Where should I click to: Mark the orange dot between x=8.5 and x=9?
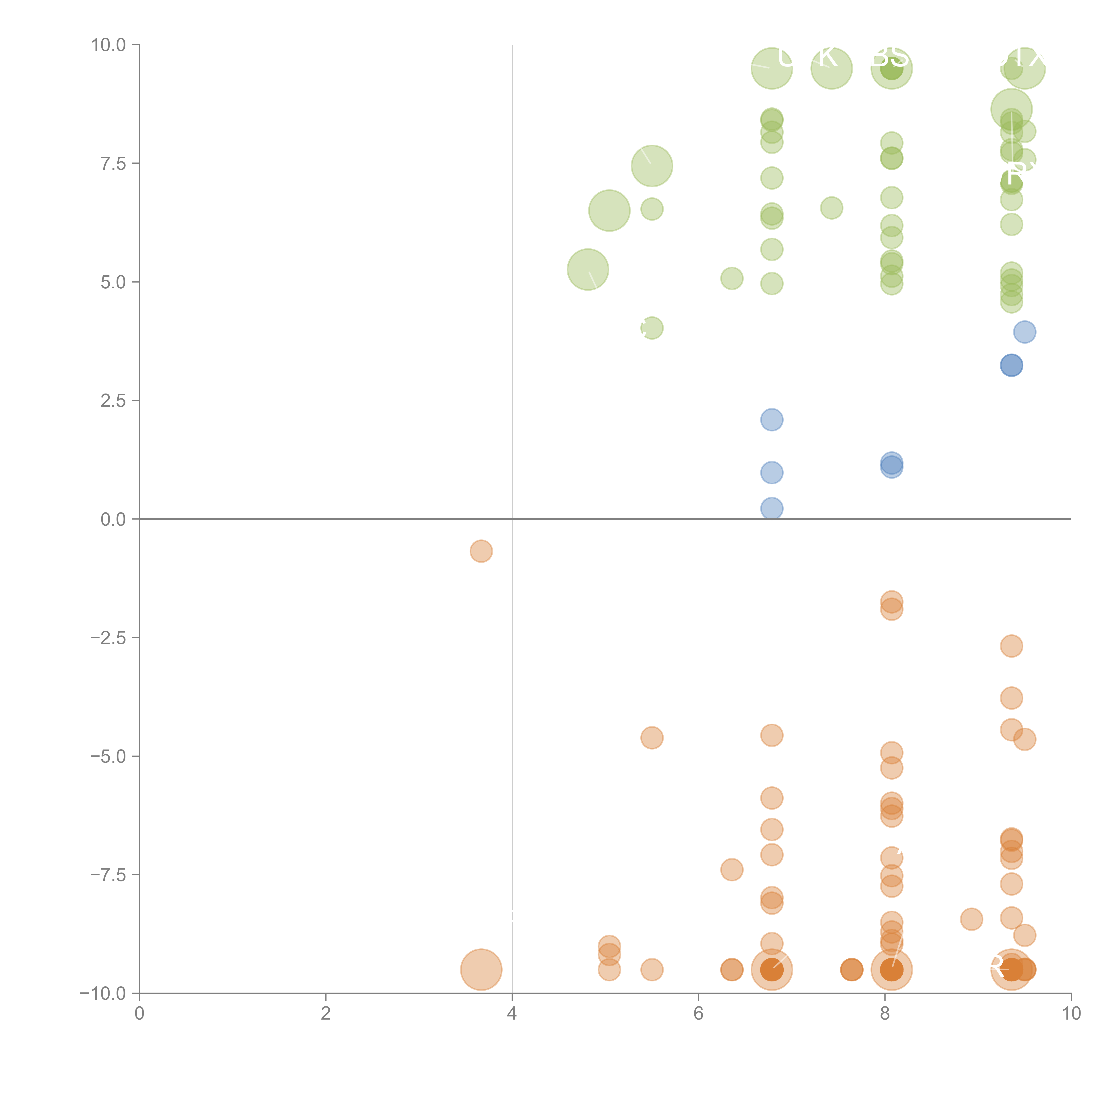972,919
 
